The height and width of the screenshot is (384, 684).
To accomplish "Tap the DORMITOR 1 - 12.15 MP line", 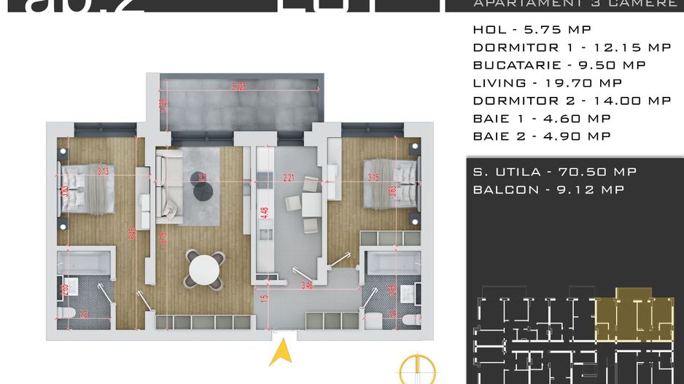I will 572,47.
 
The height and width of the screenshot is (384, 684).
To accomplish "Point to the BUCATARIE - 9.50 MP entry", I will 559,65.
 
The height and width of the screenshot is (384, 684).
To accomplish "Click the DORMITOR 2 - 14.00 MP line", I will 572,101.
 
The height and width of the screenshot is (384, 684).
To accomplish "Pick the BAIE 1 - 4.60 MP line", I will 541,118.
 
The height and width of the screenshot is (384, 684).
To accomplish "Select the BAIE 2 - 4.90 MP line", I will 541,136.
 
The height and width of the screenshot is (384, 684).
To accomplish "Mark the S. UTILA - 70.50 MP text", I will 554,172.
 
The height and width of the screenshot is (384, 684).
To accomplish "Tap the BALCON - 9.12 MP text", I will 548,189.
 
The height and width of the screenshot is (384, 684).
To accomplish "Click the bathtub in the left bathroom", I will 84,263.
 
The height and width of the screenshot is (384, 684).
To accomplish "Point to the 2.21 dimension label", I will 289,177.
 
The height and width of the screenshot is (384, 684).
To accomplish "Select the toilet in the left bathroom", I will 66,315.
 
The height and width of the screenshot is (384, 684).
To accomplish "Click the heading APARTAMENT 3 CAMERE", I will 575,4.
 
